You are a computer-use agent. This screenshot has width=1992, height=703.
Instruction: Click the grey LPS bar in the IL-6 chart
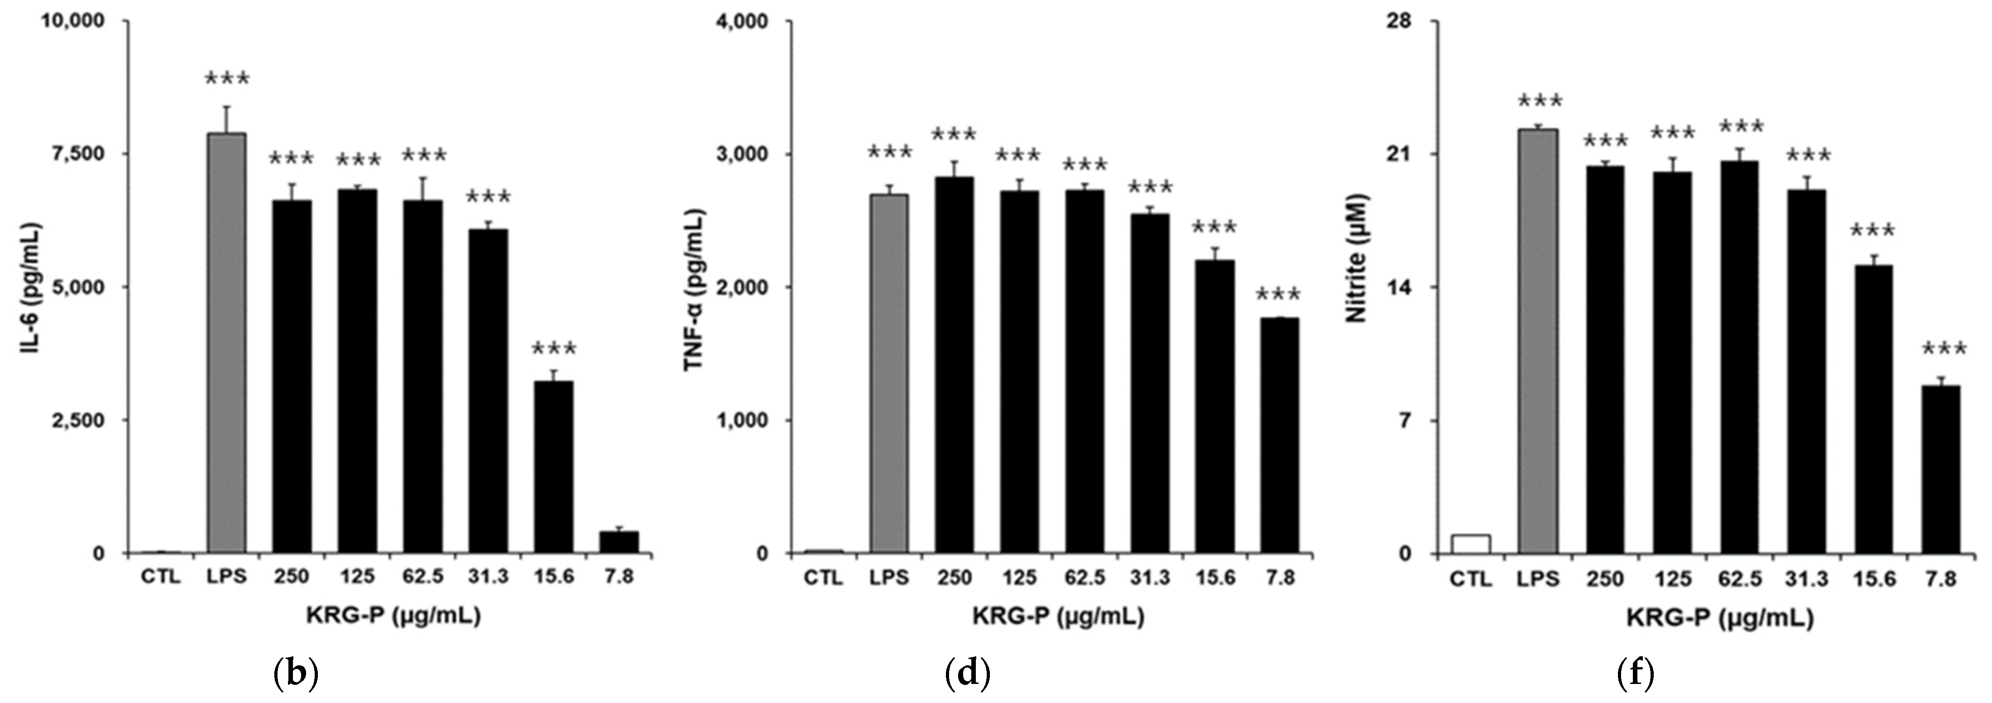(227, 342)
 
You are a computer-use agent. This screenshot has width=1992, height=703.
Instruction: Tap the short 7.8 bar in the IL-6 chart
(618, 542)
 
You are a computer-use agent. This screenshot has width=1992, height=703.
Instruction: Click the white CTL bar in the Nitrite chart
(1471, 544)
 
